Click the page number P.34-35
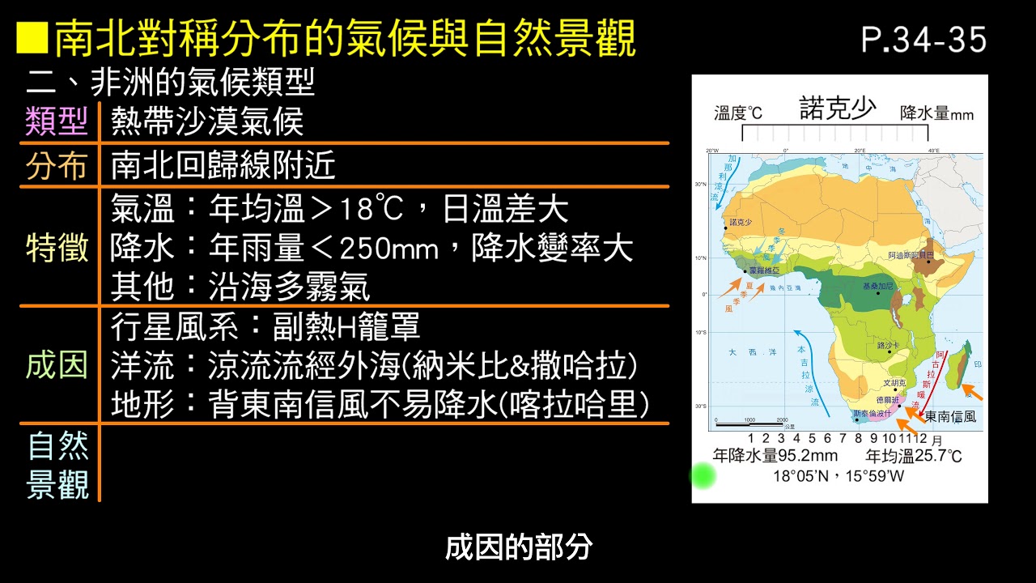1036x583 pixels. pyautogui.click(x=923, y=40)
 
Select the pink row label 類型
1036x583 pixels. pyautogui.click(x=57, y=122)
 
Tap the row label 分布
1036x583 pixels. pyautogui.click(x=57, y=166)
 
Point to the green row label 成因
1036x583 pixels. pyautogui.click(x=57, y=365)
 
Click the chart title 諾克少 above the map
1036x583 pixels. pyautogui.click(x=837, y=109)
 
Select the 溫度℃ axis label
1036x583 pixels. pyautogui.click(x=738, y=113)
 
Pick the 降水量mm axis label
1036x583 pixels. pyautogui.click(x=936, y=113)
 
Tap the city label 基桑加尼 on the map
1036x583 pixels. pyautogui.click(x=878, y=287)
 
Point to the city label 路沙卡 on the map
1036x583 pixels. pyautogui.click(x=889, y=345)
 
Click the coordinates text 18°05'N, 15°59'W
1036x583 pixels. pyautogui.click(x=838, y=476)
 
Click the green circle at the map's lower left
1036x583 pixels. pyautogui.click(x=703, y=476)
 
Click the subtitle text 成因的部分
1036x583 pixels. pyautogui.click(x=519, y=548)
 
